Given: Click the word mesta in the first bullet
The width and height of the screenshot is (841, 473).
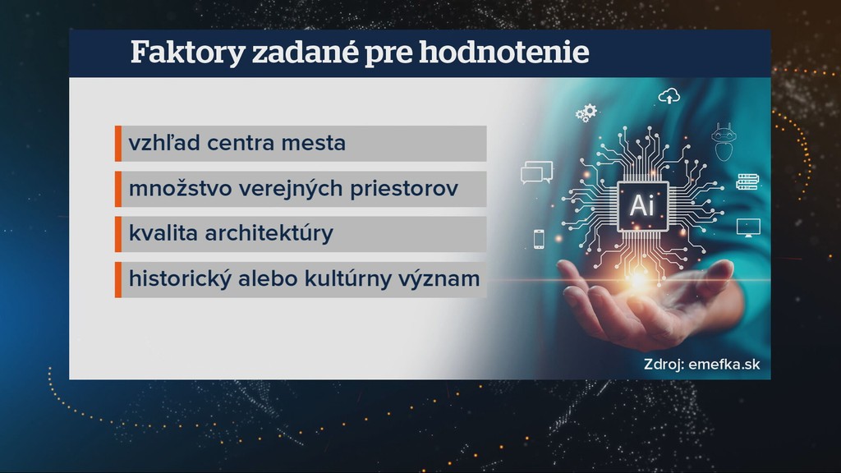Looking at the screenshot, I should pos(316,144).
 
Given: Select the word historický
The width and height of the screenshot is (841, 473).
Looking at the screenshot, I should pos(173,278).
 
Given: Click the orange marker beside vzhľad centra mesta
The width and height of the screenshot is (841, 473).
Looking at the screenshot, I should pos(118,144).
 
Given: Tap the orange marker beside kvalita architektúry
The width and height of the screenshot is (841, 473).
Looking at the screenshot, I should pos(118,233).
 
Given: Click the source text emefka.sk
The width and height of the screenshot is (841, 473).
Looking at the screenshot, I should pos(724,365).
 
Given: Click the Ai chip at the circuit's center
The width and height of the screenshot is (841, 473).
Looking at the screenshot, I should pos(641,205).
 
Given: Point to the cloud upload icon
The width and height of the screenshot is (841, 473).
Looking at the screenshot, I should pos(669,97).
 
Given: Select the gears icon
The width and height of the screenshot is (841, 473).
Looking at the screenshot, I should pos(586,113).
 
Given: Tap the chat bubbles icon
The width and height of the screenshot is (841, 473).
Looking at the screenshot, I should pos(536,172).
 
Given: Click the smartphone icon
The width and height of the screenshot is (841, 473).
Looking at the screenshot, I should pos(540,239).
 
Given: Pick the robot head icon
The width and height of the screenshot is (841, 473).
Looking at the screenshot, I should pos(724,140).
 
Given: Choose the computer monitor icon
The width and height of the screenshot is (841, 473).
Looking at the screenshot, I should pos(748,227).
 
